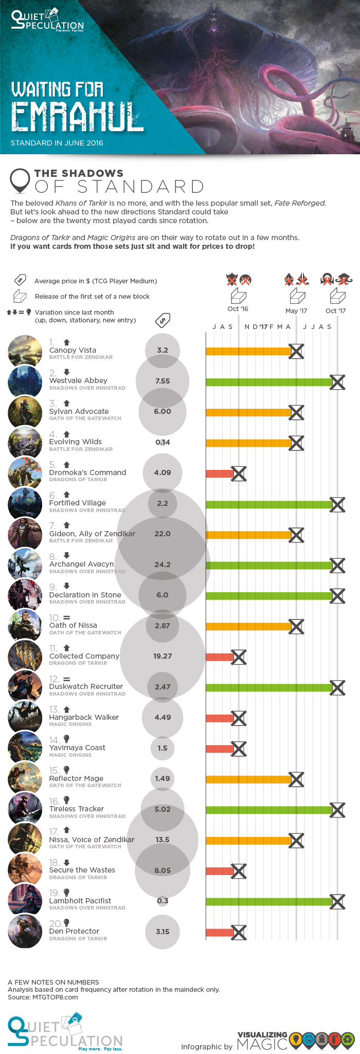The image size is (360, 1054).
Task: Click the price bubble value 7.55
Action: (163, 381)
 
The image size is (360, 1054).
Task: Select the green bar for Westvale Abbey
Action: (267, 382)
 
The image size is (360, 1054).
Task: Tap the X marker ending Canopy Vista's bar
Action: (296, 352)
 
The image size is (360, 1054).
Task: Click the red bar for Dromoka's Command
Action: (219, 474)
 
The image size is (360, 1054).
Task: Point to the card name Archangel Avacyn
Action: (81, 564)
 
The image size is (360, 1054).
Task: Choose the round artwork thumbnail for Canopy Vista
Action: (25, 352)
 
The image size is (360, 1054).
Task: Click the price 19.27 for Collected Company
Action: (163, 656)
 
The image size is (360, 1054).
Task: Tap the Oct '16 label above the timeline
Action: (238, 309)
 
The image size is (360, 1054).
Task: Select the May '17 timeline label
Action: (296, 311)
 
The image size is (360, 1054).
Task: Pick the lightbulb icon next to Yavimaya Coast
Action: (66, 739)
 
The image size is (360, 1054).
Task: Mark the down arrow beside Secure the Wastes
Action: (66, 862)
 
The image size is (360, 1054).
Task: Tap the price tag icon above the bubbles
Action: (163, 320)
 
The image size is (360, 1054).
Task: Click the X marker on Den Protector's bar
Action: (239, 932)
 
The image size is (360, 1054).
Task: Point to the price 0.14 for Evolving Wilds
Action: (163, 442)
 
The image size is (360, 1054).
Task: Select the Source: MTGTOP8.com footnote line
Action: (43, 997)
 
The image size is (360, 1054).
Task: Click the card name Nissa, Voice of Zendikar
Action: (92, 840)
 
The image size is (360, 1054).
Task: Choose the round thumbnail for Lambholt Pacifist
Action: (25, 902)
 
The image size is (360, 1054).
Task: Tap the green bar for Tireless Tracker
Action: (267, 810)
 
